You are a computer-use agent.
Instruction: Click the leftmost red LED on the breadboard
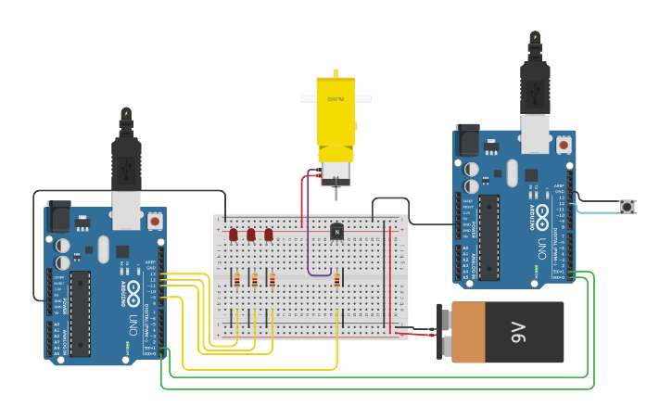(234, 235)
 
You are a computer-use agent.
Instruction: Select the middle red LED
(251, 235)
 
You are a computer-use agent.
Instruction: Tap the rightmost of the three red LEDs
(269, 235)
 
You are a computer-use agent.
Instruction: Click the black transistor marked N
(336, 230)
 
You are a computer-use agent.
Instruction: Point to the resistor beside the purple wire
(337, 279)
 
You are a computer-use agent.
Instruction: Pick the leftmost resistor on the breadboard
(237, 279)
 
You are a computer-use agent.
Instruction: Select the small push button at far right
(628, 207)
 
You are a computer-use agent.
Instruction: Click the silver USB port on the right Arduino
(536, 133)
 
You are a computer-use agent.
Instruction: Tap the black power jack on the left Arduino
(58, 218)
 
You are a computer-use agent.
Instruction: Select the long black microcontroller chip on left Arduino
(81, 312)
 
